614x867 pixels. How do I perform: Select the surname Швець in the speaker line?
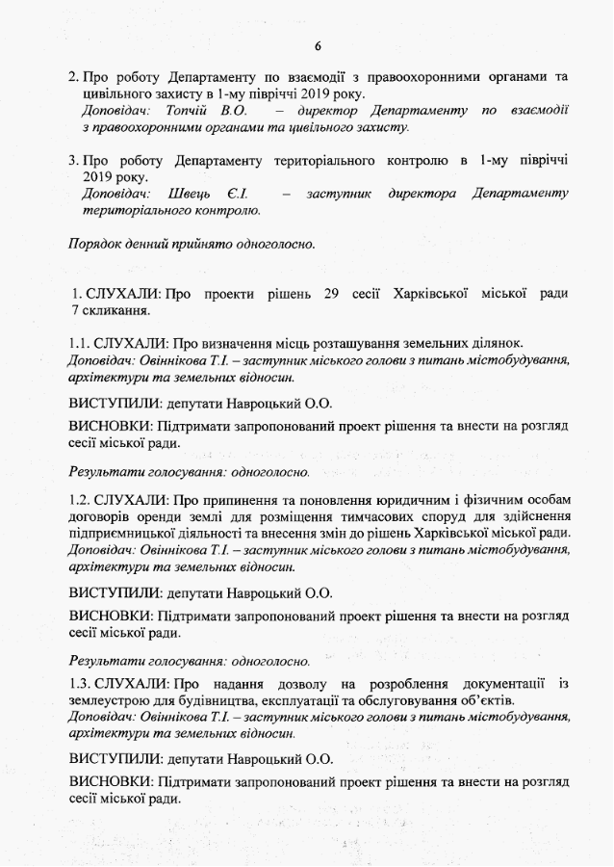point(189,194)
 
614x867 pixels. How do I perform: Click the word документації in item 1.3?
point(499,683)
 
